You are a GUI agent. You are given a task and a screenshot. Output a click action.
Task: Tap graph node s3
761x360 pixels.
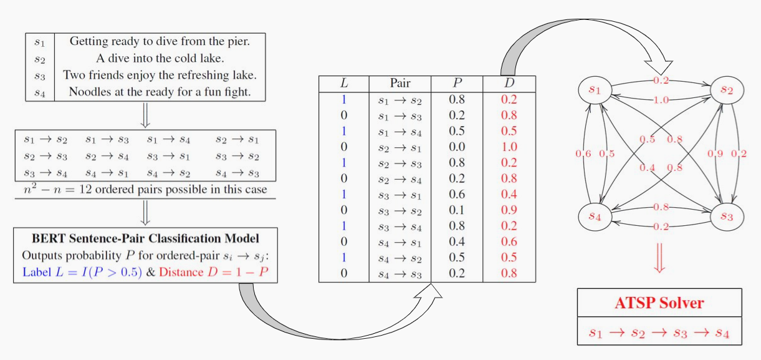pyautogui.click(x=727, y=216)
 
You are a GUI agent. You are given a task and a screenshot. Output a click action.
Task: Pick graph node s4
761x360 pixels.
pyautogui.click(x=596, y=216)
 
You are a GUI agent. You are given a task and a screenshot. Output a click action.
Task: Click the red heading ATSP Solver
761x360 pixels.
pyautogui.click(x=659, y=303)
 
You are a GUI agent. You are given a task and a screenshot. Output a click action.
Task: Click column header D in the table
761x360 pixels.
pyautogui.click(x=509, y=83)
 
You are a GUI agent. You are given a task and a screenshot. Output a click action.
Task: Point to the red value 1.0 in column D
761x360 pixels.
pyautogui.click(x=509, y=147)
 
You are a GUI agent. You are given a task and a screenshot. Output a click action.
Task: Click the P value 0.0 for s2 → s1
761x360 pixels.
pyautogui.click(x=457, y=147)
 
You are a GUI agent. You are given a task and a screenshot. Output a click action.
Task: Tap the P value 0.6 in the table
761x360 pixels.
pyautogui.click(x=457, y=195)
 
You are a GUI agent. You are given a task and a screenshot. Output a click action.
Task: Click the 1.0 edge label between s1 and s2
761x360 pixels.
pyautogui.click(x=661, y=100)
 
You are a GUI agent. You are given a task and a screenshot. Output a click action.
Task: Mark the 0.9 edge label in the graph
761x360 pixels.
pyautogui.click(x=716, y=154)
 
